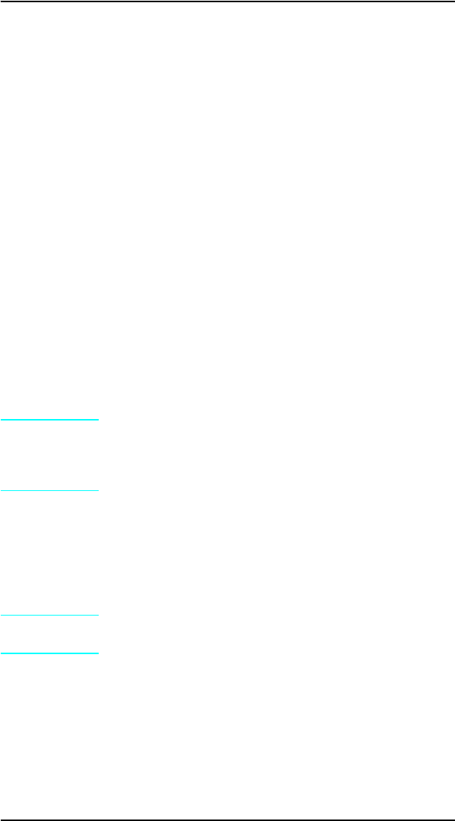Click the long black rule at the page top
[227, 1]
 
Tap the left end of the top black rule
[1, 1]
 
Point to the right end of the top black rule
[454, 1]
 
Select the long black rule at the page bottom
[227, 820]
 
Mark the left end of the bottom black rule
[1, 820]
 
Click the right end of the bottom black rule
[454, 820]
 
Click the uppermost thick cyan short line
[49, 420]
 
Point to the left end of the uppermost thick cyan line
[1, 420]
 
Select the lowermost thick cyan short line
[49, 653]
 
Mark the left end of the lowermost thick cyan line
[1, 653]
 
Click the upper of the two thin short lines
[49, 490]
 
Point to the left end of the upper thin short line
[1, 490]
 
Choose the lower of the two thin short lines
[49, 615]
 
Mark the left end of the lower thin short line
[1, 615]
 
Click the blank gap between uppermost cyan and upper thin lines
[49, 455]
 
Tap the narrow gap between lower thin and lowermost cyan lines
[49, 634]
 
